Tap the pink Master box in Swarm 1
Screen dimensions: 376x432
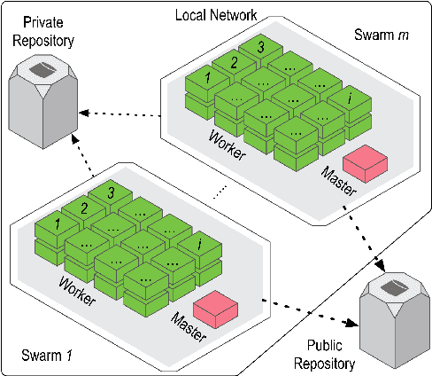(x=218, y=307)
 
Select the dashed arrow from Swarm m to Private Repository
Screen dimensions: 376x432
(x=120, y=114)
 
